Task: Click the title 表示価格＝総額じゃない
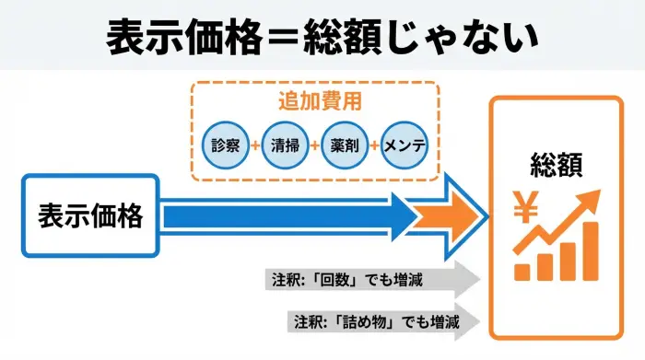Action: click(322, 37)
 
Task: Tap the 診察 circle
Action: click(224, 145)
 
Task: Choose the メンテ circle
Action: click(405, 145)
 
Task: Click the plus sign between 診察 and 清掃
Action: click(254, 145)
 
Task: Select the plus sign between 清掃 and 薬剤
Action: click(314, 145)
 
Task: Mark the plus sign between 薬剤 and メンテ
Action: click(374, 145)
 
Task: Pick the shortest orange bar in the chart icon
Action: click(522, 272)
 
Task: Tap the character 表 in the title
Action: click(125, 38)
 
